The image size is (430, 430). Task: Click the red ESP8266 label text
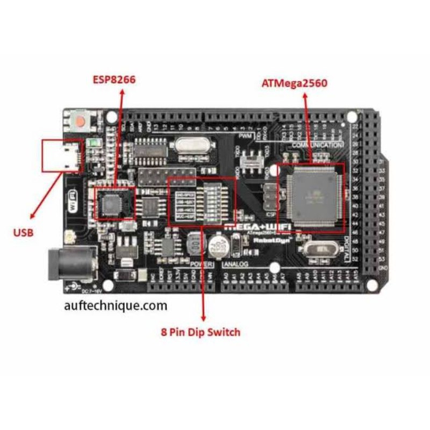113,80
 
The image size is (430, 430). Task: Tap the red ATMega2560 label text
295,83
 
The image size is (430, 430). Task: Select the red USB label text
23,233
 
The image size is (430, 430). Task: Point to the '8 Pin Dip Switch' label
200,332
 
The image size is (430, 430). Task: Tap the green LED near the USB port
94,144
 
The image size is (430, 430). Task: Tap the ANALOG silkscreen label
235,265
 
